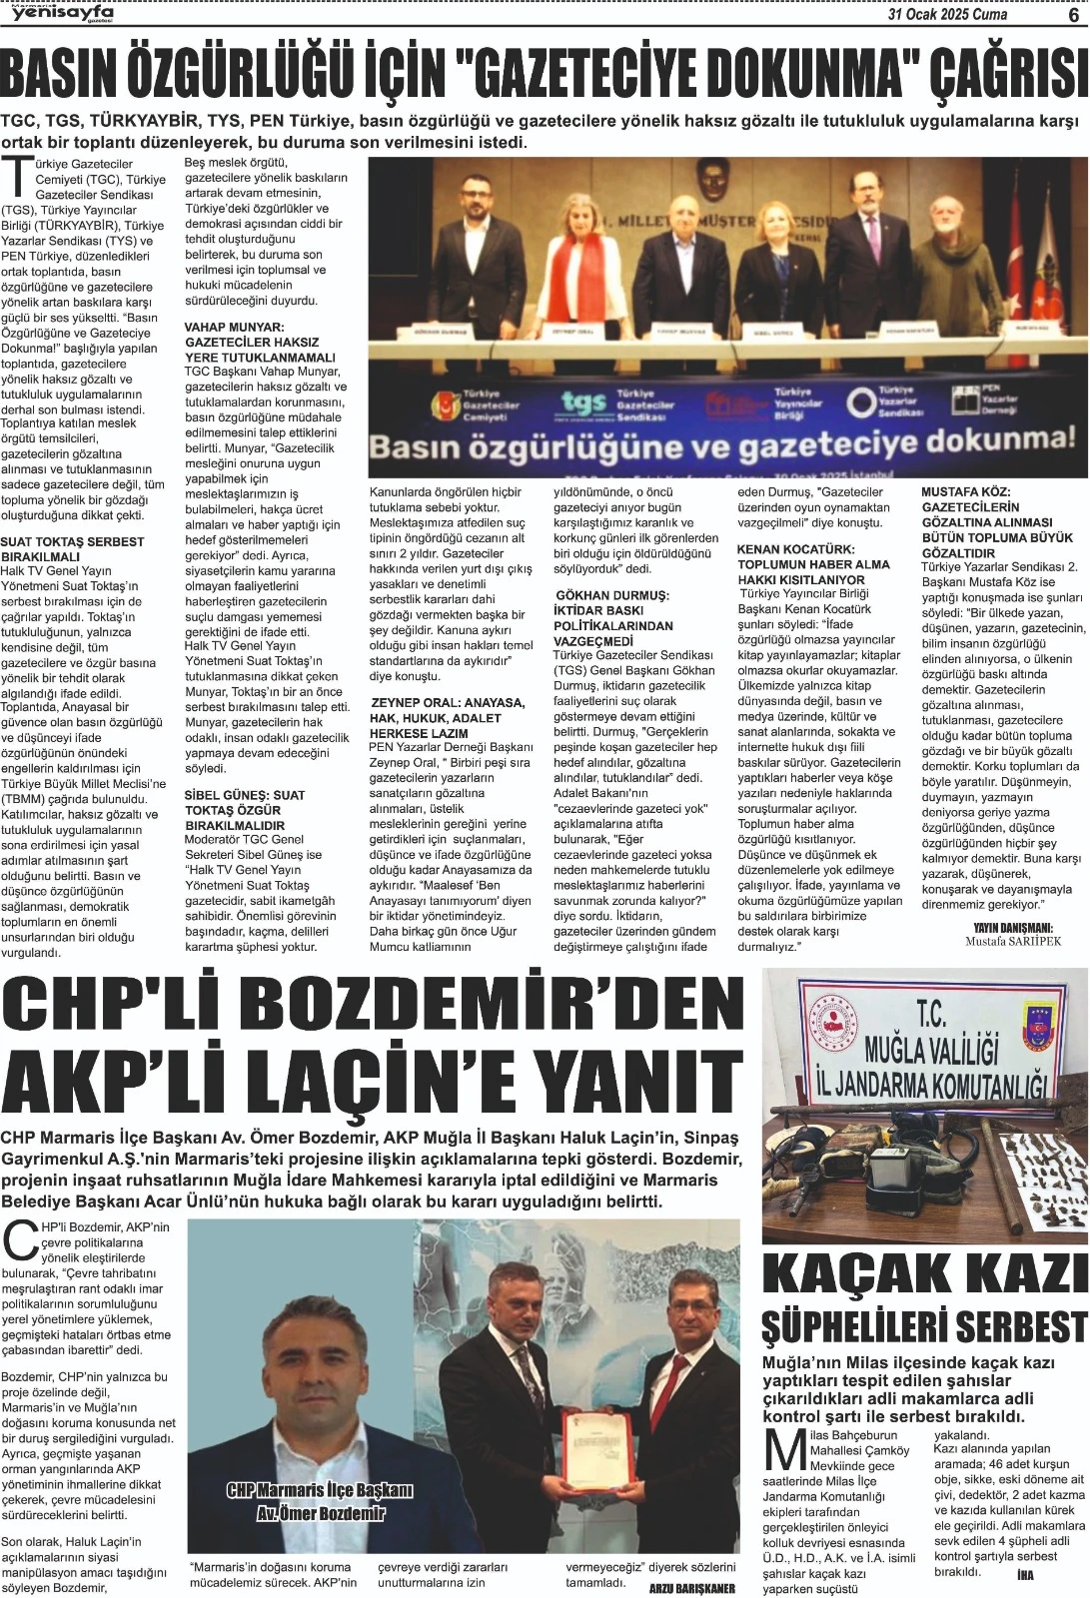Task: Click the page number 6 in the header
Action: pos(1072,13)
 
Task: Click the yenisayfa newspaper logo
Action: pos(62,12)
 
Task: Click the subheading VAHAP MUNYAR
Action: pos(234,327)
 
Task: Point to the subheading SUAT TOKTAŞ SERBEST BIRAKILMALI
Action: pos(73,548)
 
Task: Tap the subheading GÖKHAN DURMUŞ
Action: pos(611,595)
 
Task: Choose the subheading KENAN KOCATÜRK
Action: pos(795,549)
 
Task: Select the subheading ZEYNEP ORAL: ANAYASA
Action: pos(447,702)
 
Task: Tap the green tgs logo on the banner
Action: pos(583,402)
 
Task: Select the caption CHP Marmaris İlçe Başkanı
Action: pos(320,1490)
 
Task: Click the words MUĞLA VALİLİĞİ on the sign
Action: pos(931,1050)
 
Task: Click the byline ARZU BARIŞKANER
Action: pos(691,1588)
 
